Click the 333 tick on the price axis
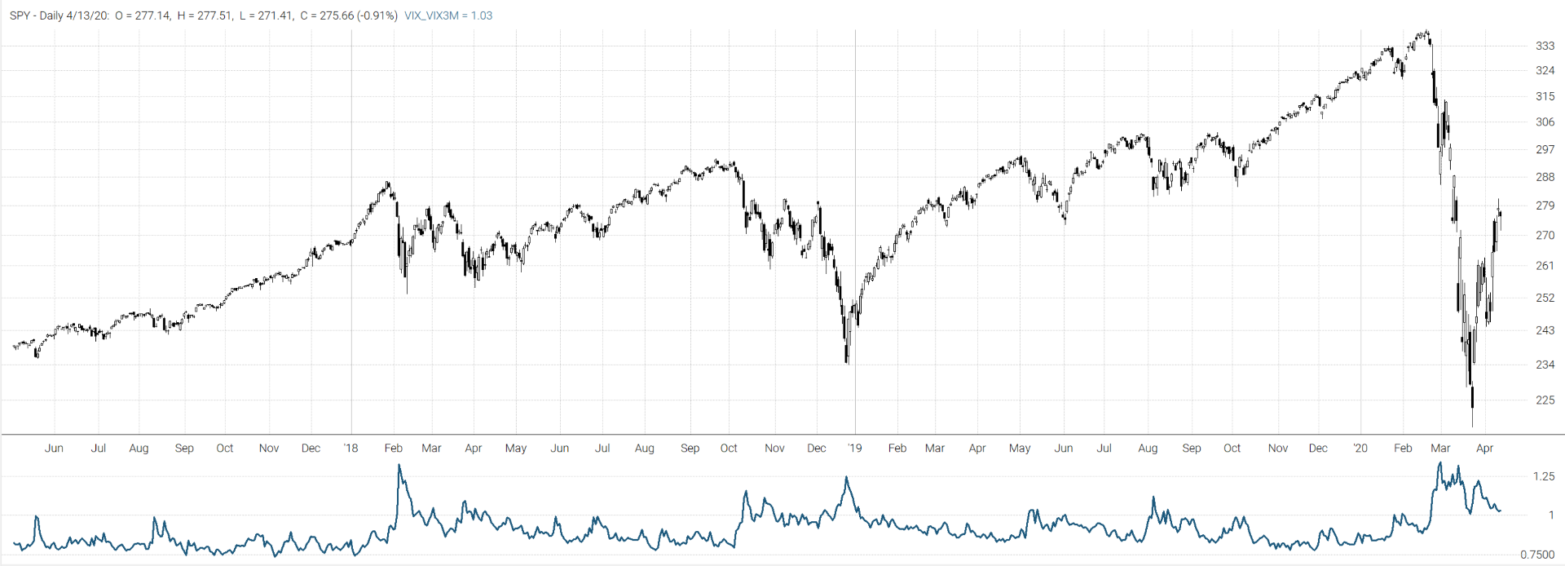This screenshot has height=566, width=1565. click(x=1545, y=46)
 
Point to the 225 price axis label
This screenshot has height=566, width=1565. click(x=1545, y=400)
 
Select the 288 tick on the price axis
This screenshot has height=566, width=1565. click(x=1545, y=177)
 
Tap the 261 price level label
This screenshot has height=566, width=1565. click(x=1545, y=266)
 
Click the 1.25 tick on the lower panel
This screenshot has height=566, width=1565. click(x=1543, y=476)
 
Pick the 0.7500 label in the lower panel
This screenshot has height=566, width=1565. click(x=1537, y=555)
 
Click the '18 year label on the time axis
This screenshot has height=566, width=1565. click(x=350, y=448)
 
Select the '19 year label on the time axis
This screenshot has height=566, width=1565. click(x=854, y=448)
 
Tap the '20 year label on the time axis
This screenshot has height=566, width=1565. click(x=1360, y=448)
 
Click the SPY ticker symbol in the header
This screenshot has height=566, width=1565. click(x=20, y=15)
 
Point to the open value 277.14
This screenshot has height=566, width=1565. click(x=151, y=15)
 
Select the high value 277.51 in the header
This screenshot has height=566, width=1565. click(x=214, y=15)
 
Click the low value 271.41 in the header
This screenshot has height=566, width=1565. click(x=276, y=15)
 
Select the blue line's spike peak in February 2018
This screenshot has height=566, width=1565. click(x=399, y=466)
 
